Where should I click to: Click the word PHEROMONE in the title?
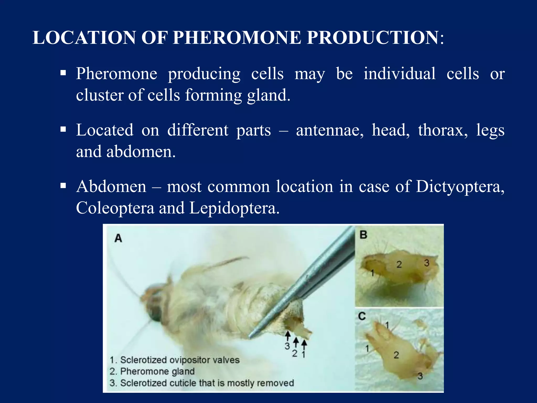237,38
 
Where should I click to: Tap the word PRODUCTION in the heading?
372,38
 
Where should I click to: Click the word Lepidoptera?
234,208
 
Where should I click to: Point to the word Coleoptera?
115,208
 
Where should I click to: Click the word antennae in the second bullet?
330,130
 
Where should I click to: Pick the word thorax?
443,130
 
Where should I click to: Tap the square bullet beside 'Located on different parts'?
63,129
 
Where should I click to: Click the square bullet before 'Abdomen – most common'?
63,186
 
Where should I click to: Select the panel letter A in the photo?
118,238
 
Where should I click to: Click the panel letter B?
363,235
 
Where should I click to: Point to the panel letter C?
362,316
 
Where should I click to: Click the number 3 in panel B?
427,263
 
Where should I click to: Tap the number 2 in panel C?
396,355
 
